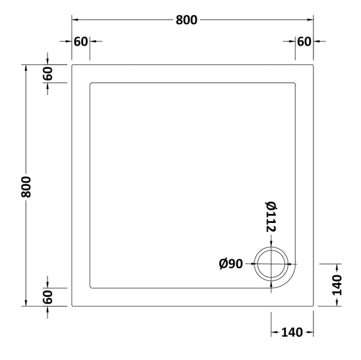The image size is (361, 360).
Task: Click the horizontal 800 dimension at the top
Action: pos(186,20)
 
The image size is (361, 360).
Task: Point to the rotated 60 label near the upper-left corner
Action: pos(48,73)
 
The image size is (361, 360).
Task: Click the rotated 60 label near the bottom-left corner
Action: pos(48,296)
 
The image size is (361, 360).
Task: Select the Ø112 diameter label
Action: pos(271,216)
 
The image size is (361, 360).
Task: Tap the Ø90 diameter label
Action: pos(231,264)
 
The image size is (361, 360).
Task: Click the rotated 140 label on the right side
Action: pos(336,284)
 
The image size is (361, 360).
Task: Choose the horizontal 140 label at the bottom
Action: pos(292,332)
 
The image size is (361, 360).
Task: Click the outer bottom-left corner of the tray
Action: pos(72,305)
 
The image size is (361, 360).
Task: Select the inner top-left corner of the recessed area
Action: pos(90,82)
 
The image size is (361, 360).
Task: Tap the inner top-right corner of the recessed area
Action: pos(295,82)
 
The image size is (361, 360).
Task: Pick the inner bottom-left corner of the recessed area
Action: pos(90,287)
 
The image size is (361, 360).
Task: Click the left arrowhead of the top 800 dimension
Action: pos(75,20)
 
